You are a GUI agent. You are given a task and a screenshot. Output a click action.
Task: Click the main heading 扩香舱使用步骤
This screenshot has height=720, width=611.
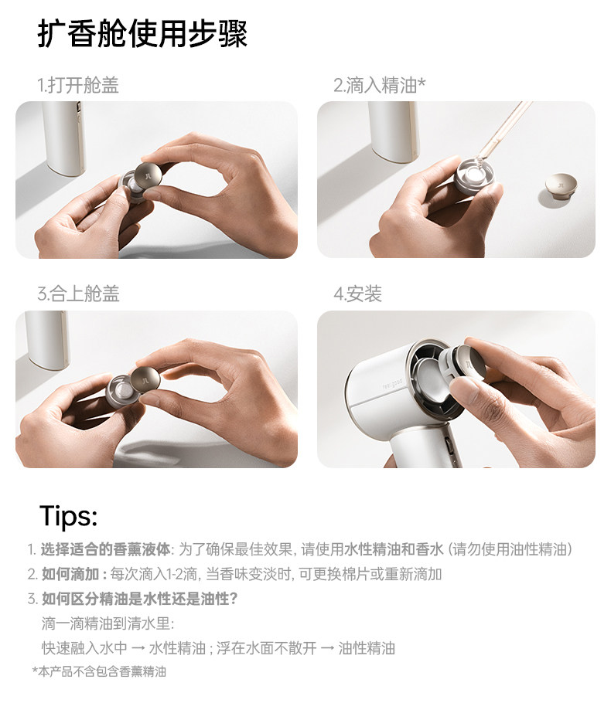pos(142,33)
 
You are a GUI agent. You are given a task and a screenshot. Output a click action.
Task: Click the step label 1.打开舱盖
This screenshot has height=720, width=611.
pos(77,86)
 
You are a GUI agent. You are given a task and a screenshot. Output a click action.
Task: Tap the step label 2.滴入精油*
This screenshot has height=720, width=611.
pos(379,86)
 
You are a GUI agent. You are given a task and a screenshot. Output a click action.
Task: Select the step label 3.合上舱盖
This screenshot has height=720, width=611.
pos(78,294)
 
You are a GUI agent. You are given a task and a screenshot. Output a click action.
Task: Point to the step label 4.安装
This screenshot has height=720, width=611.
pos(357,294)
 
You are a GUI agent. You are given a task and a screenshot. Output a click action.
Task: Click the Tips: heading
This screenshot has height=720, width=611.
pos(69,516)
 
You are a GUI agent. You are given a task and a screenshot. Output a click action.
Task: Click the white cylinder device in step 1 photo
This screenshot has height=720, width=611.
pos(64,138)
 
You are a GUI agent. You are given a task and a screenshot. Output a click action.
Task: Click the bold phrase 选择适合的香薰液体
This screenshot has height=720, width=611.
pos(105,549)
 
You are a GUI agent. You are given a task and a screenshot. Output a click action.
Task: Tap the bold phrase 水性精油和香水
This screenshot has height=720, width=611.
pos(394,549)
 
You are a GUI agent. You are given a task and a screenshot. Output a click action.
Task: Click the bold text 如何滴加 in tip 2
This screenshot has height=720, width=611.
pos(70,574)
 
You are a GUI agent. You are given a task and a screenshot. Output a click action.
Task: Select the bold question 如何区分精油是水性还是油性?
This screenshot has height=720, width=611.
pos(140,599)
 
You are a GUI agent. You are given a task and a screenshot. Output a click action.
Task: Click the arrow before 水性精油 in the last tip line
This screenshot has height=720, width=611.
pos(138,649)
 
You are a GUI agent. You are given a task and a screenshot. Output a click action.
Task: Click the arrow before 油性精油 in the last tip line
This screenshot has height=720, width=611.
pos(328,649)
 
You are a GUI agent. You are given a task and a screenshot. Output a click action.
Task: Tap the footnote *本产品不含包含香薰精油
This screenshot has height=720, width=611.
pos(99,672)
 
